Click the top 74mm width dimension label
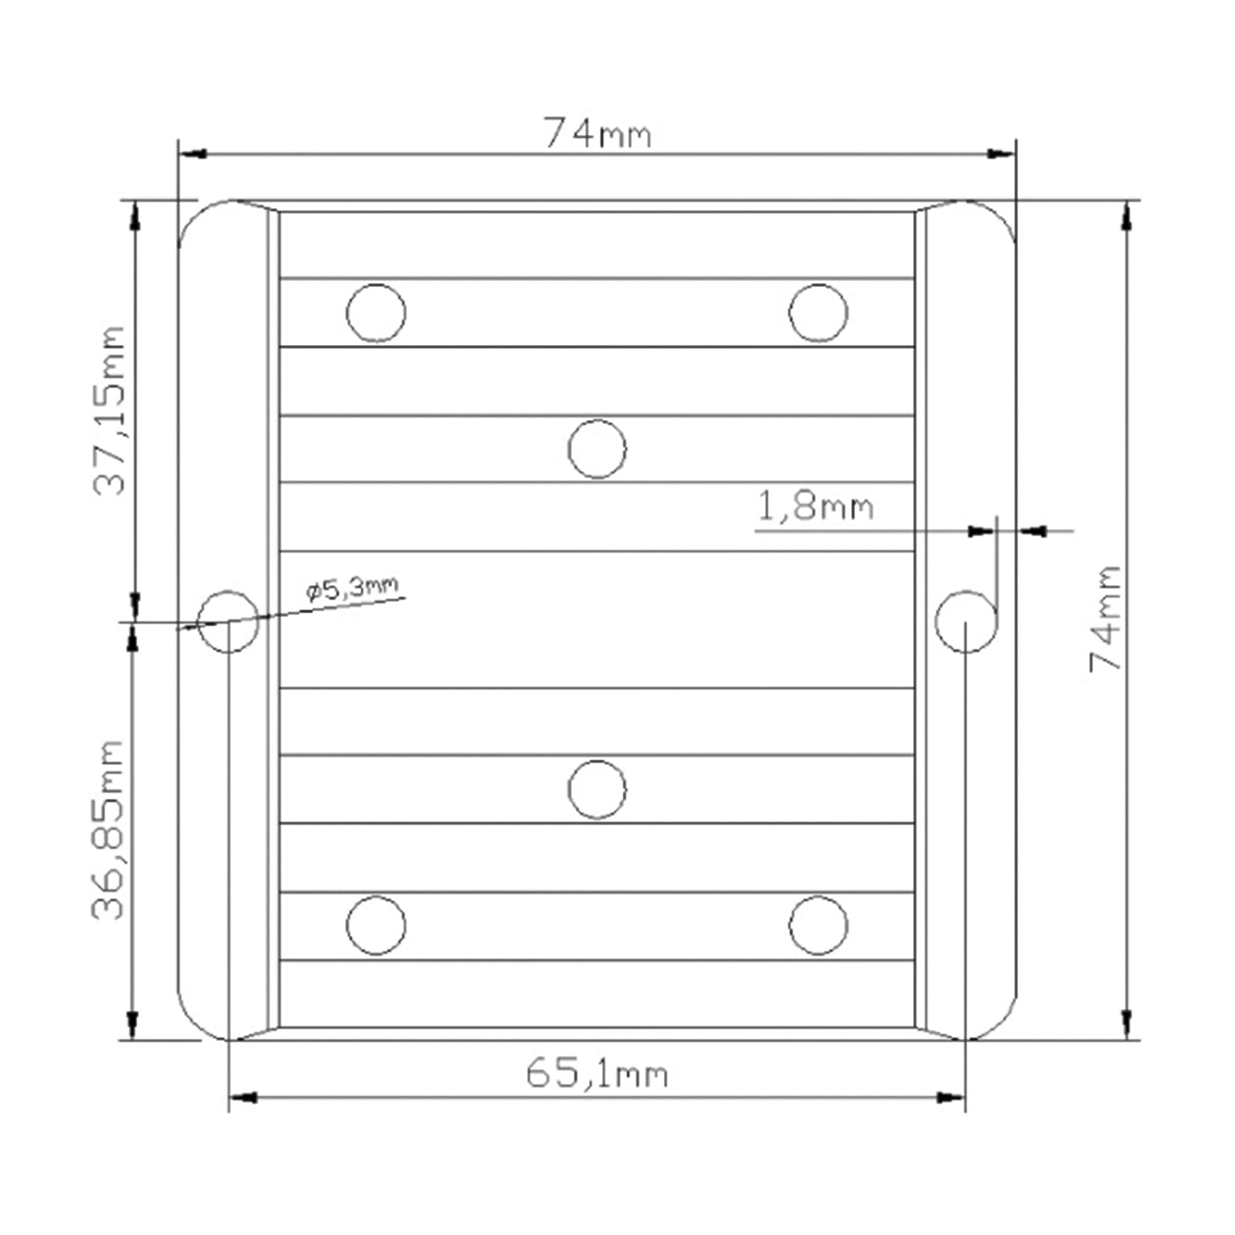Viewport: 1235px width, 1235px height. coord(597,134)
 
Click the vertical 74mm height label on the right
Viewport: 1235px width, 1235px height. coord(1105,618)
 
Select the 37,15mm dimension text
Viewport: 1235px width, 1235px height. coord(109,411)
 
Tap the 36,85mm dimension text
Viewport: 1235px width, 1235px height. coord(108,831)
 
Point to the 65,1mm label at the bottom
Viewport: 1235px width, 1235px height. coord(597,1074)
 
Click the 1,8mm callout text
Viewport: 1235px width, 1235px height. coord(815,507)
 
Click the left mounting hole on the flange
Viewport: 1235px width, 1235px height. coord(228,621)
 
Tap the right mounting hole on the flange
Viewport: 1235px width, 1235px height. coord(966,621)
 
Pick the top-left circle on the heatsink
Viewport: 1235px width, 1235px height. coord(376,313)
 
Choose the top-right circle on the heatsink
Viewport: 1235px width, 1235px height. coord(818,313)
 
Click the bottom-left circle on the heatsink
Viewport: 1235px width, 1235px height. coord(376,925)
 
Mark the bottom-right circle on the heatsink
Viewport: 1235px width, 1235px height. coord(818,925)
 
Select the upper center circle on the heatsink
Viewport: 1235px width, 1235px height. coord(597,448)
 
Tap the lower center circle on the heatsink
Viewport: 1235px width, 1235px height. coord(597,789)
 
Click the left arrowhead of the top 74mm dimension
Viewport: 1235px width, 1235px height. coord(191,154)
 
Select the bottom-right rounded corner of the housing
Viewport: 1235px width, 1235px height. coord(999,1023)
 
